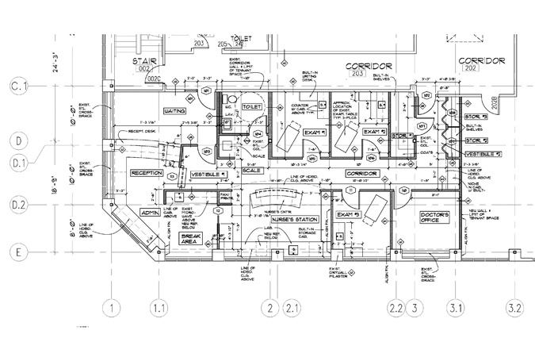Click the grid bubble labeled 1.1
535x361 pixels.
tap(160, 308)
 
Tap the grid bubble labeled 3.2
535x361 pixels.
tap(516, 308)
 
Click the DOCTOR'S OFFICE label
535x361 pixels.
tap(435, 219)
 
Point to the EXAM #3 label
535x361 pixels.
tap(349, 215)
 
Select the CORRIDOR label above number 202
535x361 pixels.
tap(481, 60)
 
